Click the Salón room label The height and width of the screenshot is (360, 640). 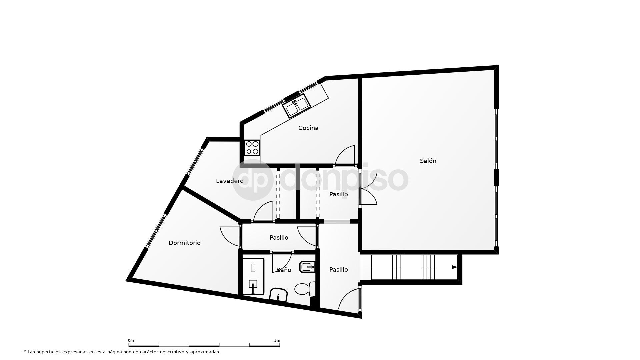[428, 161]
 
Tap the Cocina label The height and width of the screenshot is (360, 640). [308, 128]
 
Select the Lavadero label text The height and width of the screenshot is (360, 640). [230, 181]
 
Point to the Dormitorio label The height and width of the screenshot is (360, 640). [184, 243]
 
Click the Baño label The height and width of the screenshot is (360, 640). [284, 270]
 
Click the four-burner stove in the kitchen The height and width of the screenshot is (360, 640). [252, 148]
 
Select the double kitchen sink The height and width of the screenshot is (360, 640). [296, 105]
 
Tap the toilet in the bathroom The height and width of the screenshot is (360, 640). [304, 289]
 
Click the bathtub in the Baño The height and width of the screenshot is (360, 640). [253, 276]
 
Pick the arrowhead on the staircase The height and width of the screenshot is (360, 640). [454, 267]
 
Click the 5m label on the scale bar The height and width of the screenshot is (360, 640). [277, 340]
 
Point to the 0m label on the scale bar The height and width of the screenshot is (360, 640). [131, 340]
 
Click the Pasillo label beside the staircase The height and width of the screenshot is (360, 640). [338, 270]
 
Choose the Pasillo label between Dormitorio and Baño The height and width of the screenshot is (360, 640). [279, 238]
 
